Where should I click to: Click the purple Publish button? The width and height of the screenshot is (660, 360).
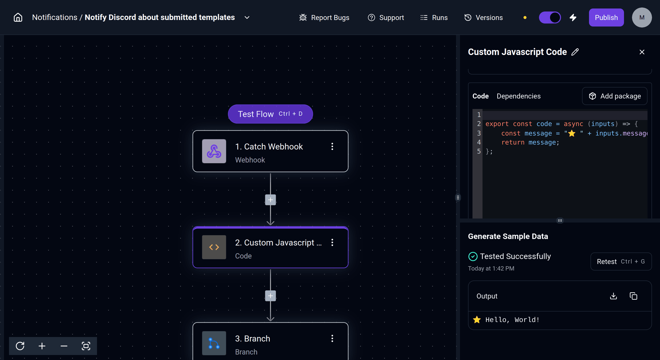[x=606, y=17]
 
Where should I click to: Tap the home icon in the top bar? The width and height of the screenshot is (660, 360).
[x=18, y=17]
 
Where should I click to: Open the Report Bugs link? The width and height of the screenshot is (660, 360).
[x=324, y=17]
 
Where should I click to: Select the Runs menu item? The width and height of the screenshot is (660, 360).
[x=434, y=17]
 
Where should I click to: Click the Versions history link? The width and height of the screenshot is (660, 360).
[x=483, y=17]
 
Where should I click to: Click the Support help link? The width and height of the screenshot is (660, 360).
[x=386, y=17]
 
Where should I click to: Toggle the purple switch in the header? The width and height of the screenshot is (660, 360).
[x=550, y=17]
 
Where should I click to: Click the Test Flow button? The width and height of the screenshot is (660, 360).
[x=270, y=114]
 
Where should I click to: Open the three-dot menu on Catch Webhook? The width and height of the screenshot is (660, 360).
[x=332, y=146]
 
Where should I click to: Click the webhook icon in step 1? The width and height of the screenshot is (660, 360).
[x=214, y=151]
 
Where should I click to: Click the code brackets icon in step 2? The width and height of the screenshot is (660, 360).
[x=214, y=247]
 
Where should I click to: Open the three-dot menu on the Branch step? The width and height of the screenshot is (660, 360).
[x=332, y=338]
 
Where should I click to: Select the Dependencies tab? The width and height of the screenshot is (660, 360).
[x=518, y=96]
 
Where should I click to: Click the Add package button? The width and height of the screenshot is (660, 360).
[x=615, y=96]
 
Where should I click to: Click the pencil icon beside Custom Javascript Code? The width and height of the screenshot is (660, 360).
[x=575, y=52]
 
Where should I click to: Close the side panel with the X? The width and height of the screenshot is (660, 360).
[x=642, y=52]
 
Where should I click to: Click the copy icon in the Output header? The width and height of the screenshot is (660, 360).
[x=633, y=296]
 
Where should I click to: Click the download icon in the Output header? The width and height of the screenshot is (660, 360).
[x=613, y=296]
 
